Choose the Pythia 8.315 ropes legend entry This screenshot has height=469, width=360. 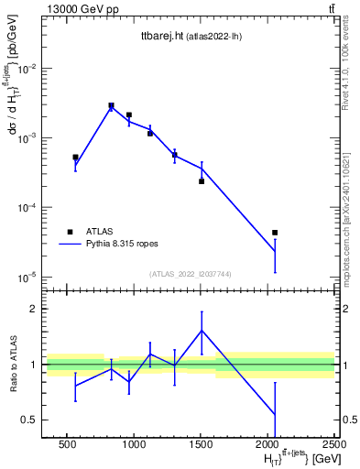(x=121, y=245)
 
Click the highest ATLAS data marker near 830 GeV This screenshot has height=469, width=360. (x=111, y=105)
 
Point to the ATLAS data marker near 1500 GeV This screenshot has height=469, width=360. (x=202, y=181)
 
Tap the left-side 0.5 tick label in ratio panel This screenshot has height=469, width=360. (x=32, y=420)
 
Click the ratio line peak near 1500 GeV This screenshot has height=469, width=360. (x=202, y=331)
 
